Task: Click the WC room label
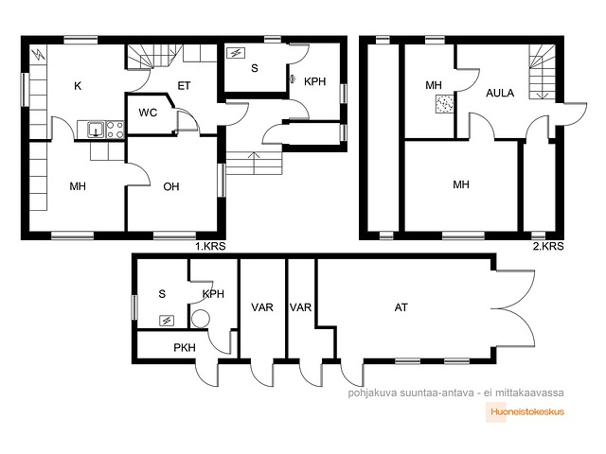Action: (148, 113)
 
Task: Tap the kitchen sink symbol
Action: (96, 130)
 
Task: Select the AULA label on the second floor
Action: (500, 93)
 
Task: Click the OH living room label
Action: (171, 187)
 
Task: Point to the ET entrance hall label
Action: (184, 86)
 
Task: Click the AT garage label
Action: (401, 307)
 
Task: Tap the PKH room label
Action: (185, 348)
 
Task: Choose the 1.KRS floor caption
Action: (210, 246)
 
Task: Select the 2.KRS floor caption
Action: (548, 246)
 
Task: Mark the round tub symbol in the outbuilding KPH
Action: (201, 319)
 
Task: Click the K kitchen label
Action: (78, 86)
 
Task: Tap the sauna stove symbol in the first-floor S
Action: (236, 53)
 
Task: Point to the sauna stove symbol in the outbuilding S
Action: (167, 321)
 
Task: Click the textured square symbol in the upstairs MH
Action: (444, 104)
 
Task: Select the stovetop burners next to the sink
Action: (116, 130)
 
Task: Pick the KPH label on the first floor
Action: (315, 82)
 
